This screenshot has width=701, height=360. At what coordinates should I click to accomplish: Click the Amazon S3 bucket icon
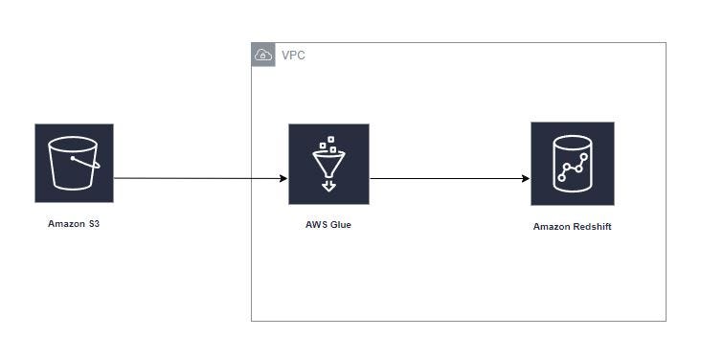pos(74,163)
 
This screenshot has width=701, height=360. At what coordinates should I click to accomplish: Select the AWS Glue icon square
pos(328,164)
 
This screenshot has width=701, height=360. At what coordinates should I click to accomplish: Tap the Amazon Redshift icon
pos(572,164)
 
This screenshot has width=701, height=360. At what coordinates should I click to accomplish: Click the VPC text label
pos(293,56)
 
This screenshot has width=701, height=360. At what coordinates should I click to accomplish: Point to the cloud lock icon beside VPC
pos(263,56)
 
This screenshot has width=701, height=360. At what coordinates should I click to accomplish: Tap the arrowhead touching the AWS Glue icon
pos(283,178)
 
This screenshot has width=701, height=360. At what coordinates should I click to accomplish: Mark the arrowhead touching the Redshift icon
pos(526,178)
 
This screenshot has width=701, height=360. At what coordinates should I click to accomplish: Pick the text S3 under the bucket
pos(92,224)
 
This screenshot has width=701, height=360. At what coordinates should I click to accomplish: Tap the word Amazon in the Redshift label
pos(552,227)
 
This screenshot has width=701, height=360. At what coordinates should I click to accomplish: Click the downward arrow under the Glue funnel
pos(328,185)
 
